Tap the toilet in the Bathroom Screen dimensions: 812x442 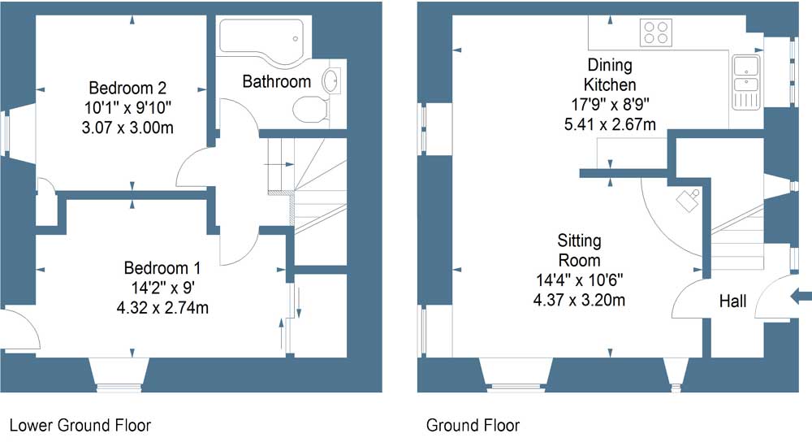point(310,110)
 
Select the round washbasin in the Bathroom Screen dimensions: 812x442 point(331,80)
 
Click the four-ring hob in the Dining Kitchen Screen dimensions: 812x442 point(655,32)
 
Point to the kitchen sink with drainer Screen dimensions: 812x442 point(745,82)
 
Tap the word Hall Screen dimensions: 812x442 point(732,301)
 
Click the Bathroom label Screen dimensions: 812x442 point(277,81)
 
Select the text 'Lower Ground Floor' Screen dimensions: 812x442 point(80,426)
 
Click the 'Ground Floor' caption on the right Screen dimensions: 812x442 point(473,426)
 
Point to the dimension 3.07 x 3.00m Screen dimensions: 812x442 point(127,128)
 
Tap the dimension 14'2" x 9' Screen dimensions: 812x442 point(162,288)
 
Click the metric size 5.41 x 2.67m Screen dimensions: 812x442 point(610,124)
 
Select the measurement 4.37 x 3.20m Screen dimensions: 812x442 point(579,300)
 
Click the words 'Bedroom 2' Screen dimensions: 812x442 point(127,88)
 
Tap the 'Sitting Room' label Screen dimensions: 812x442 point(579,250)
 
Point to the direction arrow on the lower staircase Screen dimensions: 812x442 point(279,164)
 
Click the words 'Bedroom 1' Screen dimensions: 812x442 point(162,268)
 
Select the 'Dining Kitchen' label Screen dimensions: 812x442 point(610,75)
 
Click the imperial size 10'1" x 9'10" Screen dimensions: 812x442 point(127,108)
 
